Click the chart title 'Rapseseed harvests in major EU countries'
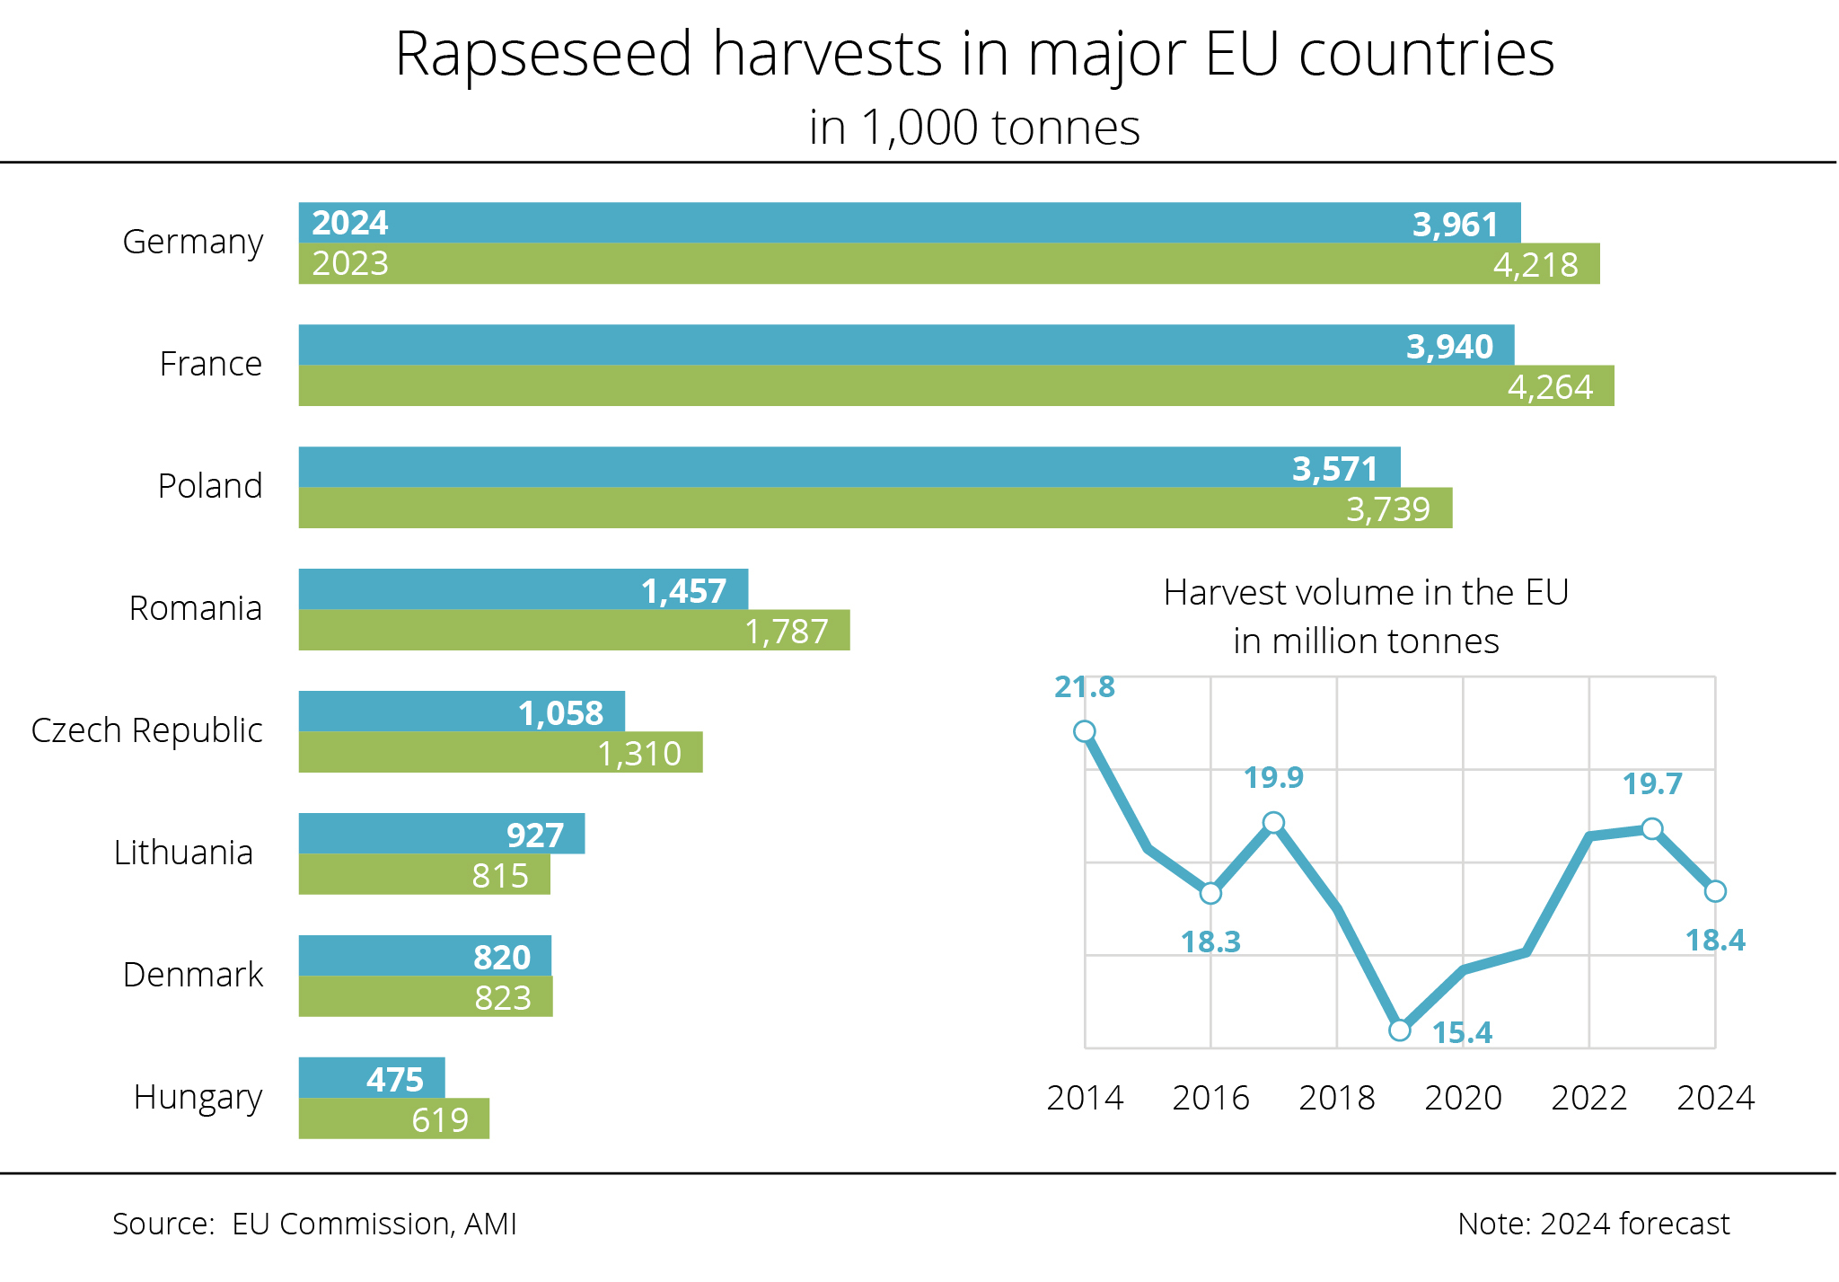974,54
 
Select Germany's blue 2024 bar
898,223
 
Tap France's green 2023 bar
898,385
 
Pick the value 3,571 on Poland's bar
1334,469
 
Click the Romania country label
196,608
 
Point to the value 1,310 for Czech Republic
639,753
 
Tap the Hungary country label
198,1097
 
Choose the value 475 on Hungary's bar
395,1079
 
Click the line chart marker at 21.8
1085,731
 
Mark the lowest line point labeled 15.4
1400,1030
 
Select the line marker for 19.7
1652,828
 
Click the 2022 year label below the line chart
1589,1097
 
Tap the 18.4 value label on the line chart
1715,940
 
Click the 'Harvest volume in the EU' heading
1366,593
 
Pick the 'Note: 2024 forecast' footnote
1593,1224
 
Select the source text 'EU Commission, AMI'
374,1224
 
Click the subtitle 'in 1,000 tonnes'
974,128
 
